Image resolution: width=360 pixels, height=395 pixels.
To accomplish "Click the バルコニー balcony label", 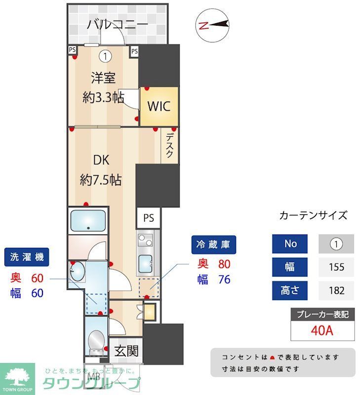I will [118, 24].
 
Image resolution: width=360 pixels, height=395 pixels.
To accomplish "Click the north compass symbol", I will [213, 25].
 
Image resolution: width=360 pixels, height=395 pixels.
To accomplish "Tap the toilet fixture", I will [96, 340].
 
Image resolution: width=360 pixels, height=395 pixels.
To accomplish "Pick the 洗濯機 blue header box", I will [27, 257].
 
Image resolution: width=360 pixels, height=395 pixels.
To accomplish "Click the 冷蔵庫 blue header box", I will [214, 244].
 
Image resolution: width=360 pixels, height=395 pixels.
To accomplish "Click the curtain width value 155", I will [336, 267].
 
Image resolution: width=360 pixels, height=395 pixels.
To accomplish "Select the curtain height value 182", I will [336, 290].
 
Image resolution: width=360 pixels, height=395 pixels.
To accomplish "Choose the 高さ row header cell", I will [290, 290].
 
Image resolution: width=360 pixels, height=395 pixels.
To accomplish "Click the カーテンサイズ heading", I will [313, 215].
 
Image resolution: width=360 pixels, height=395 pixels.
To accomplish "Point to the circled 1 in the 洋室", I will [105, 56].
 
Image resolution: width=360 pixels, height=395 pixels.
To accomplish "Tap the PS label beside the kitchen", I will [149, 218].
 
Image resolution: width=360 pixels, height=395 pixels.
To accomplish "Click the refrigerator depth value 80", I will [224, 264].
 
